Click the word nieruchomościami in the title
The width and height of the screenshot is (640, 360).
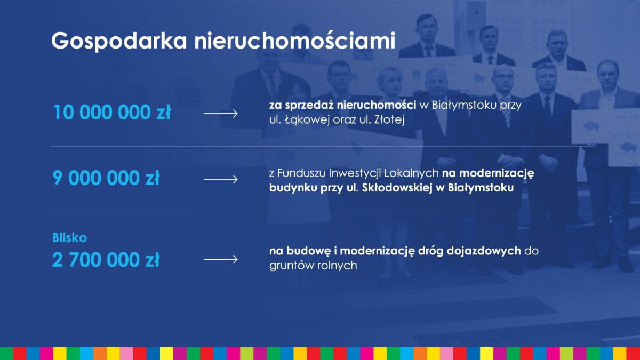click(295, 41)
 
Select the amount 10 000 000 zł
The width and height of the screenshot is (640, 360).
click(111, 112)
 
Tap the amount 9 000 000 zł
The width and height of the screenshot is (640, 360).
click(106, 178)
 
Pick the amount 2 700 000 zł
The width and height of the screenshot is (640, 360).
click(106, 259)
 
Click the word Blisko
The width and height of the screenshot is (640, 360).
click(69, 238)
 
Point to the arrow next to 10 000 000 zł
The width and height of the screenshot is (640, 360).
click(221, 114)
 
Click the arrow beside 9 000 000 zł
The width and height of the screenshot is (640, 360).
click(221, 179)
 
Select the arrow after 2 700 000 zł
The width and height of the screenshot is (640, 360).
click(221, 259)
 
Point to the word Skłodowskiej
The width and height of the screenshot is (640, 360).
click(397, 188)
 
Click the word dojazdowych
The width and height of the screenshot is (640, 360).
click(484, 251)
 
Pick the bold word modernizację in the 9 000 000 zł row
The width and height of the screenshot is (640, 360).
click(497, 173)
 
